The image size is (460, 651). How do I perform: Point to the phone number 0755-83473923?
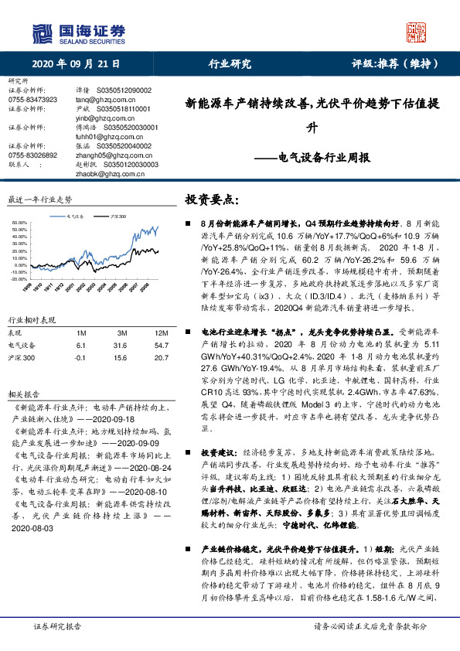pyautogui.click(x=32, y=100)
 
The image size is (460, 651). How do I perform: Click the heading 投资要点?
pyautogui.click(x=206, y=200)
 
